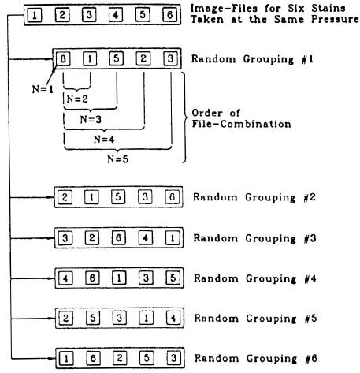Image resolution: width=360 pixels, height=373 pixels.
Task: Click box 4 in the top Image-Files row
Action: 116,15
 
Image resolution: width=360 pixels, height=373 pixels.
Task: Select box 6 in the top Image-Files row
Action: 169,14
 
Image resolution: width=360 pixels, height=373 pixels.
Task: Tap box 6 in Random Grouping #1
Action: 63,58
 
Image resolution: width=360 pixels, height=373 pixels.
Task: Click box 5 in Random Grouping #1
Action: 117,58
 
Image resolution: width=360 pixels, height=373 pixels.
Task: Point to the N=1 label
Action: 43,89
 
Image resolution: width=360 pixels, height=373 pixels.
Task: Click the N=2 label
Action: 77,99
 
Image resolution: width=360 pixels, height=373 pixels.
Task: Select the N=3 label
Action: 91,120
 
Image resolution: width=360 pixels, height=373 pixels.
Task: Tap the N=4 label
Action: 104,140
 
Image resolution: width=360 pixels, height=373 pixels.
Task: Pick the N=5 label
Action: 118,159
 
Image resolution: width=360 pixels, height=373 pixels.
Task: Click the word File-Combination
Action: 241,124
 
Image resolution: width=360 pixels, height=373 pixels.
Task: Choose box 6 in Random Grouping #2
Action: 172,197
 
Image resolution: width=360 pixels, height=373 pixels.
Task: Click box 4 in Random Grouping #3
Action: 146,238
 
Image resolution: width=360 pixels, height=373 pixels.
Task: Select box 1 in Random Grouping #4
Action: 119,278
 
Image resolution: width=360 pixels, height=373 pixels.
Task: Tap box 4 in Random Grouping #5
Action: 173,318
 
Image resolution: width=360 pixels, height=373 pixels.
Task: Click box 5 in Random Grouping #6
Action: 147,358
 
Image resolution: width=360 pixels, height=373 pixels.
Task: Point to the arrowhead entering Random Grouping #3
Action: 51,238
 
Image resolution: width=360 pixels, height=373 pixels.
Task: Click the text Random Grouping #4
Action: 255,278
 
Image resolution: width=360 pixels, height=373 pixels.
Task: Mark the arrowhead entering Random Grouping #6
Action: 52,358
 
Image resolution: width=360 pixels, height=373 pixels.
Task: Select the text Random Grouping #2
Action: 254,197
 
